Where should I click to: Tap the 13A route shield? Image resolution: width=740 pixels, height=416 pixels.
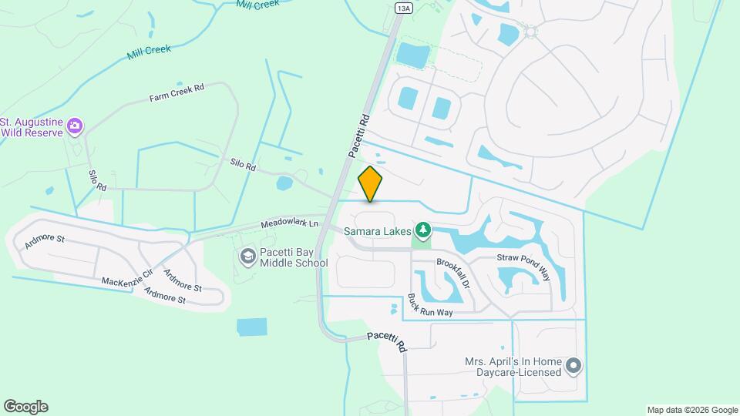(403, 8)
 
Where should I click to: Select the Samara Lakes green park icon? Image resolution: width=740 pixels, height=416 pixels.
(422, 230)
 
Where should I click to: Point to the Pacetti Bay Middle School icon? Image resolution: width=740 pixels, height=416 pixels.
(248, 256)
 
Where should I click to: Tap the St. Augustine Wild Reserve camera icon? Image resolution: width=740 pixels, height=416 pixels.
(75, 126)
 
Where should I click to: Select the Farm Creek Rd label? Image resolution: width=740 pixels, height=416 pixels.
(177, 93)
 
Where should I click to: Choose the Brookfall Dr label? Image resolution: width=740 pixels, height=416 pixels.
(453, 274)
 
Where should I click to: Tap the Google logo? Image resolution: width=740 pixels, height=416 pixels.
(25, 407)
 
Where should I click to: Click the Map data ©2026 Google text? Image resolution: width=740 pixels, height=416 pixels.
(692, 410)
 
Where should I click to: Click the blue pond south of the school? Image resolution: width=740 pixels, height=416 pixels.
(251, 327)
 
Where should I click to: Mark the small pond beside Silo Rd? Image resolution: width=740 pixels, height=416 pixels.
(284, 183)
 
